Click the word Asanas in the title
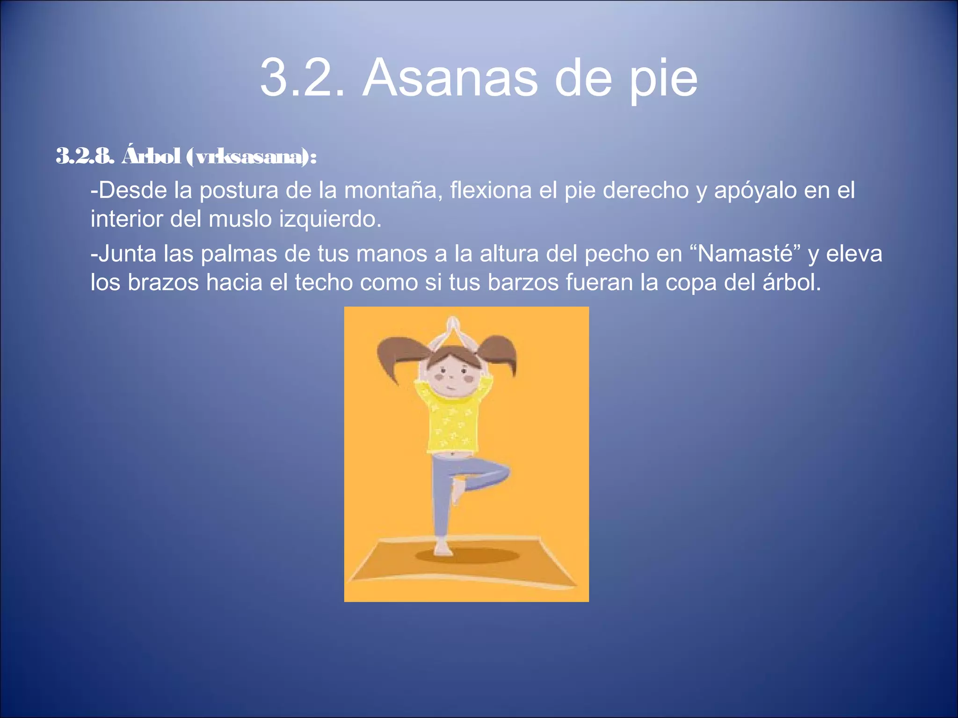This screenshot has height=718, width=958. (x=450, y=78)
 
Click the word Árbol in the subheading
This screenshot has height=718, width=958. (x=151, y=156)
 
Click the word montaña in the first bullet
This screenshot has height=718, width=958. (x=393, y=190)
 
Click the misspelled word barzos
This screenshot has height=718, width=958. (x=523, y=282)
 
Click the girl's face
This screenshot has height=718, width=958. (x=452, y=374)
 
